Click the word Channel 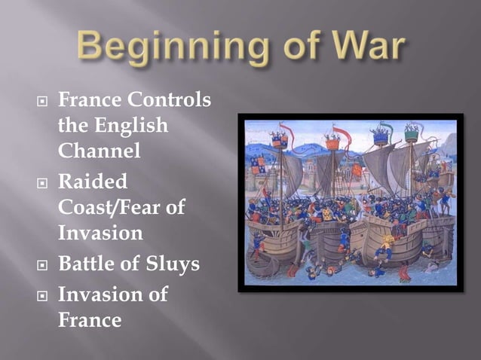100,150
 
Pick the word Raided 93,183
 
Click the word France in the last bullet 90,320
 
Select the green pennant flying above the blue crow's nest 385,126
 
